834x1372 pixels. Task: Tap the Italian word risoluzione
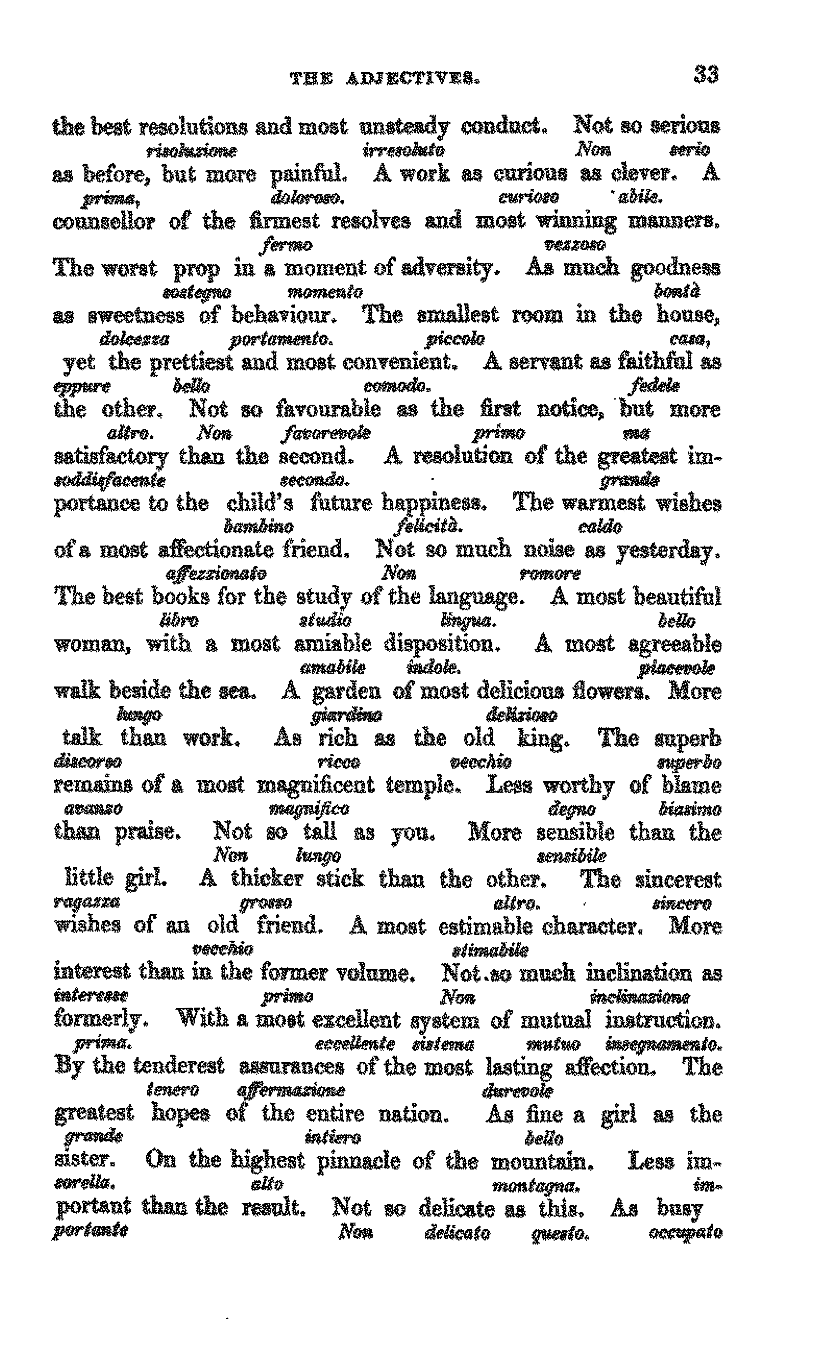pyautogui.click(x=191, y=150)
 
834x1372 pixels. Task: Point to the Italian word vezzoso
pyautogui.click(x=574, y=244)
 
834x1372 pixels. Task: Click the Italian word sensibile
pyautogui.click(x=571, y=855)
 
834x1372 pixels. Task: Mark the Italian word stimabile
pyautogui.click(x=490, y=949)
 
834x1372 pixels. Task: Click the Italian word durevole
pyautogui.click(x=517, y=1090)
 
